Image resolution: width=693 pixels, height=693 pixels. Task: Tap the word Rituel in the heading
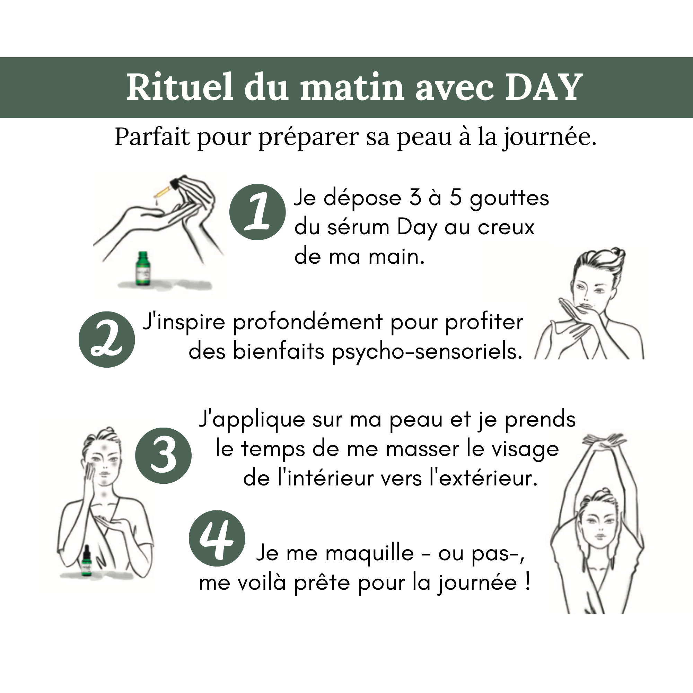180,87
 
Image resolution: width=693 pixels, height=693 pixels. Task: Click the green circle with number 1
257,212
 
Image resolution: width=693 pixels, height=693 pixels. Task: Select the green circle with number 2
106,339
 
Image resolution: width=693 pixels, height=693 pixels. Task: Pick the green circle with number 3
163,456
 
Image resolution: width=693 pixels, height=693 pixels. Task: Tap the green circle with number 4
217,538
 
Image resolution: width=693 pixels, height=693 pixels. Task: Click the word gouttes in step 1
509,198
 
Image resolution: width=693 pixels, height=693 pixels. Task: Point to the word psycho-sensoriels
427,351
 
